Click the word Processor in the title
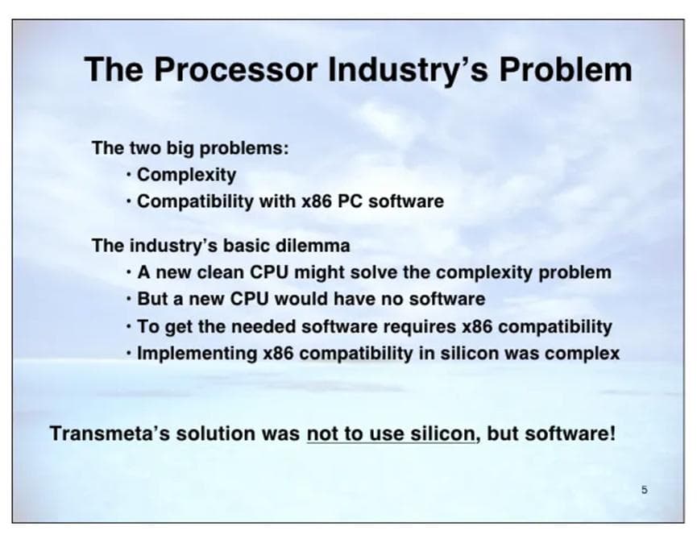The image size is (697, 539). [235, 69]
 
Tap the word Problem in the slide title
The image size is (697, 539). [566, 69]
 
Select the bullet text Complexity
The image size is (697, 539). [186, 175]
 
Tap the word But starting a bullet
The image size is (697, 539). [152, 299]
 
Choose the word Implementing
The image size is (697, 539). [197, 354]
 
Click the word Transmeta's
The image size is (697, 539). [110, 433]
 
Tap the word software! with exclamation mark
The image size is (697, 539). [570, 433]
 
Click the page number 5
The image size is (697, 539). [644, 490]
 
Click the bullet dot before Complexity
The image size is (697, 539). [128, 174]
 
